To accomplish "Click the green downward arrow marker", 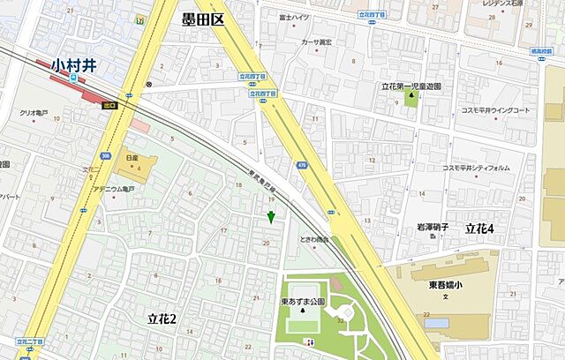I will pyautogui.click(x=271, y=217).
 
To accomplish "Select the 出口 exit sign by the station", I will pyautogui.click(x=109, y=104).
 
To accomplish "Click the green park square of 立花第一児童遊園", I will pyautogui.click(x=410, y=100).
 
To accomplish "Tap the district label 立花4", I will pyautogui.click(x=480, y=229).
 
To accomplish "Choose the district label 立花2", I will pyautogui.click(x=162, y=318).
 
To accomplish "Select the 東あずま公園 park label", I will pyautogui.click(x=303, y=301).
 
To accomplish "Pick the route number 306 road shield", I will pyautogui.click(x=105, y=156).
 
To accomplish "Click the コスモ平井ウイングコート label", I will pyautogui.click(x=495, y=110).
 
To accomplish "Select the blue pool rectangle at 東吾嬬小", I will pyautogui.click(x=436, y=323).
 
